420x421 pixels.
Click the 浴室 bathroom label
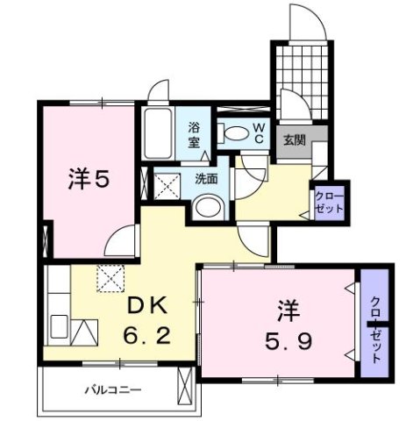coord(195,134)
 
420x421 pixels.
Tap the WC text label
coord(260,132)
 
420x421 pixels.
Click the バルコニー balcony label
coord(113,388)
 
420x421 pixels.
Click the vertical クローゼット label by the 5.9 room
coord(375,323)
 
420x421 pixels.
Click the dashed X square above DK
coord(112,278)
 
